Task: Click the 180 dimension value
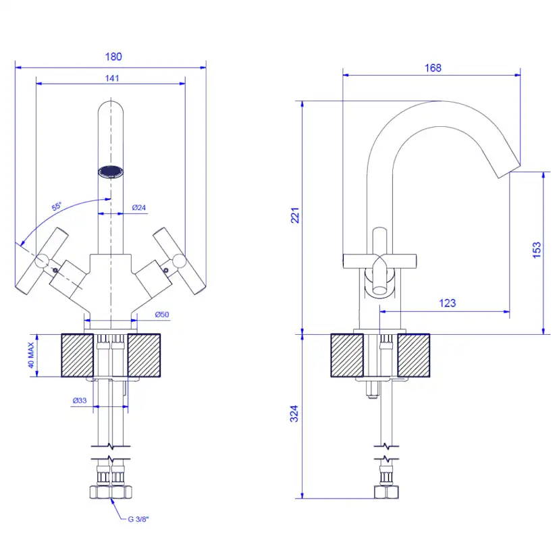(x=113, y=57)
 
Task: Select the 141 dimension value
(x=112, y=78)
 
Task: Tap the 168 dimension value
(x=433, y=68)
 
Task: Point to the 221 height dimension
(x=295, y=215)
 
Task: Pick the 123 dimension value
(x=447, y=303)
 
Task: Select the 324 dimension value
(x=294, y=414)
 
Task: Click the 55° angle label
(x=56, y=207)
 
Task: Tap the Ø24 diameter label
(x=140, y=207)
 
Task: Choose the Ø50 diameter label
(x=162, y=315)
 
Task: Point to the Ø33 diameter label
(x=79, y=400)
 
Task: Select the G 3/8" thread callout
(x=139, y=519)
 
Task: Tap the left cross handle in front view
(x=43, y=262)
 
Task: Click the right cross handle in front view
(x=178, y=261)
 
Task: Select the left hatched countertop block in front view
(x=78, y=355)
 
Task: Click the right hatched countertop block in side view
(x=413, y=355)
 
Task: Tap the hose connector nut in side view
(x=385, y=491)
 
